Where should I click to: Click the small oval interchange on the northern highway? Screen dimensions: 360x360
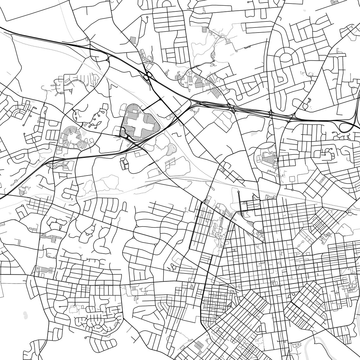147,76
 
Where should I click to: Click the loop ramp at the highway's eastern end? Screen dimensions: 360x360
345,127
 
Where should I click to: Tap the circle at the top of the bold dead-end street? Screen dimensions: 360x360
238,192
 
